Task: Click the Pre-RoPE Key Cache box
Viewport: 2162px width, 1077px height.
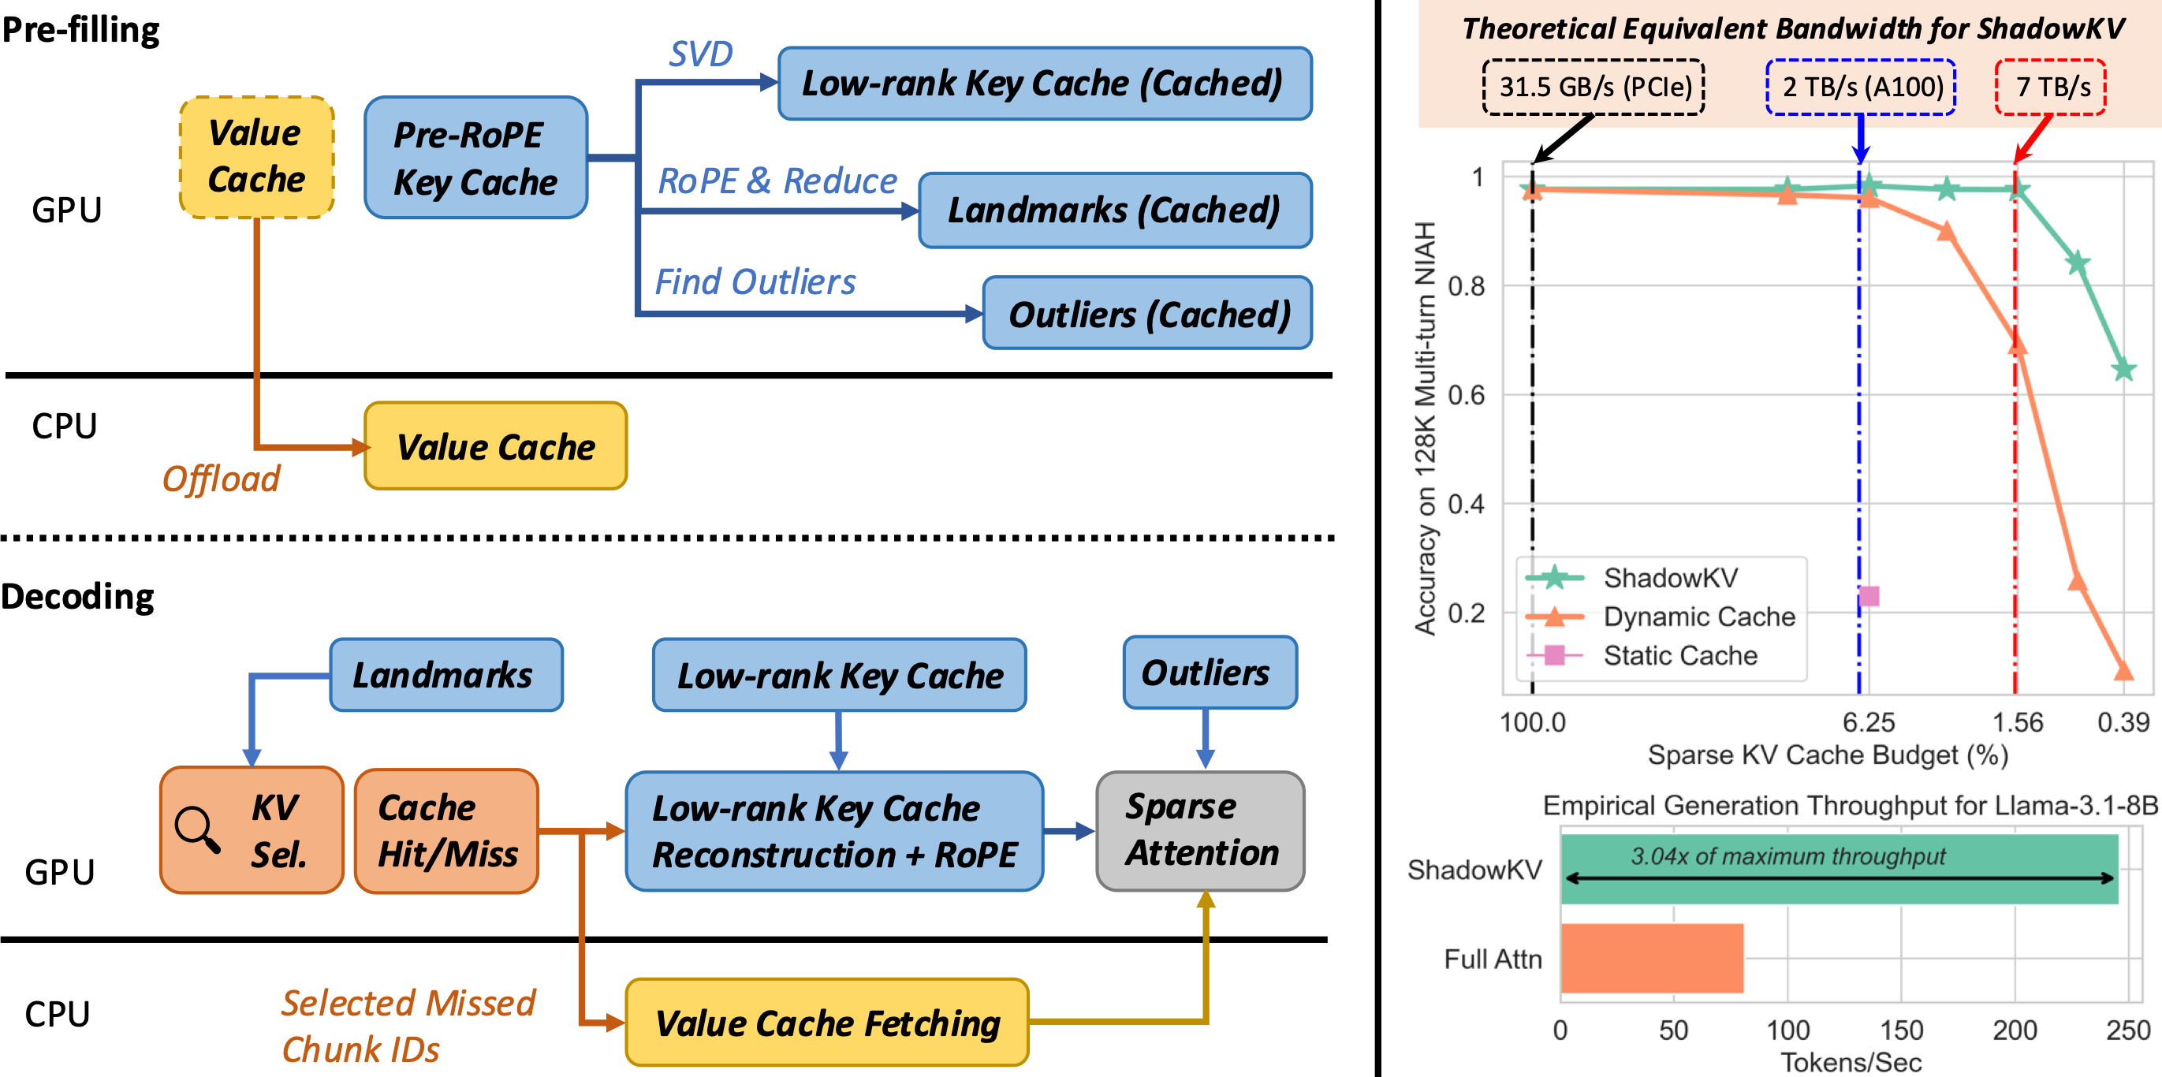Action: tap(476, 157)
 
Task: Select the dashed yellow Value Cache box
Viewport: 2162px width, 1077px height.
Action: tap(257, 157)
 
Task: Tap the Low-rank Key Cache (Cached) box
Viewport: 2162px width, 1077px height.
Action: tap(1045, 83)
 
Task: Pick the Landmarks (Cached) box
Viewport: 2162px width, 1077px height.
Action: tap(1116, 210)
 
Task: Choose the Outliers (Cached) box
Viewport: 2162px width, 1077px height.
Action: tap(1147, 313)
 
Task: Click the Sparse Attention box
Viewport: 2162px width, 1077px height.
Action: tap(1200, 830)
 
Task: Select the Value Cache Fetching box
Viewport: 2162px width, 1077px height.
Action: tap(828, 1023)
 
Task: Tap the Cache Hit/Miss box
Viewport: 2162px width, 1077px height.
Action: tap(446, 831)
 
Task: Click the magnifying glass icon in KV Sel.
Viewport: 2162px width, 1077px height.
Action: tap(198, 829)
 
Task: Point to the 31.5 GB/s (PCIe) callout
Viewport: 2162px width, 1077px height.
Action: tap(1593, 87)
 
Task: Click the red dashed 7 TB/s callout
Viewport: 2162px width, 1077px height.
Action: tap(2051, 87)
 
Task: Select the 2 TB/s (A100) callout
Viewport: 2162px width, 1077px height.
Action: tap(1861, 87)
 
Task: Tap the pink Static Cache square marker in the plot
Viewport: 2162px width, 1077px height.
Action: tap(1869, 596)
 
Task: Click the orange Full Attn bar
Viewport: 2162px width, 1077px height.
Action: tap(1652, 958)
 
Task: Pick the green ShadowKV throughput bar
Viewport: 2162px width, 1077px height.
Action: tap(1840, 869)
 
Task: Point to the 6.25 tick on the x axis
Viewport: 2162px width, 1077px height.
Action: tap(1868, 722)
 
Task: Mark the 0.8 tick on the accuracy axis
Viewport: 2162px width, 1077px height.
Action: tap(1466, 286)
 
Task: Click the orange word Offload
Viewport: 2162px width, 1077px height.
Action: tap(221, 479)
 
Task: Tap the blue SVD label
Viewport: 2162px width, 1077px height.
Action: tap(701, 54)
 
